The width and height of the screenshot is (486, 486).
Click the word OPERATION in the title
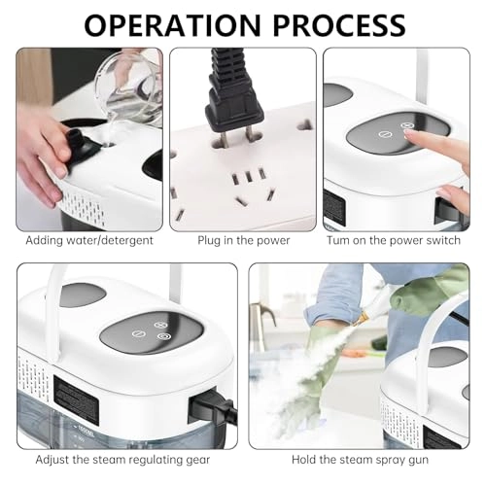tap(168, 23)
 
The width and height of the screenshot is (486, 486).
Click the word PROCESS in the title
tap(338, 23)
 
